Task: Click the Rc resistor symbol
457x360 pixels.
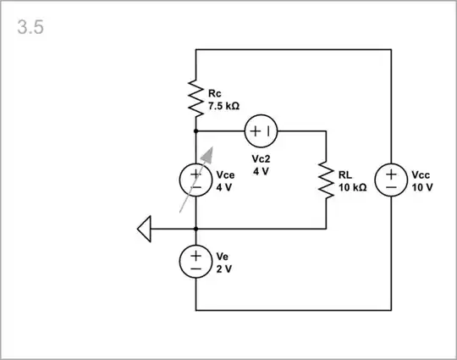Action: pos(195,99)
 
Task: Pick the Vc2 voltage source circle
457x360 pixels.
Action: pos(261,131)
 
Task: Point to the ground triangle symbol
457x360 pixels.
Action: pos(144,229)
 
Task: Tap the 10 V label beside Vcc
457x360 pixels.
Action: pos(422,187)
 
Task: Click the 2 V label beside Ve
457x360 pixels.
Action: pos(223,268)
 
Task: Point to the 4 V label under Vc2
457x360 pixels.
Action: pos(260,170)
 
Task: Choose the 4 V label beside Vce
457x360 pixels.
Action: pos(223,187)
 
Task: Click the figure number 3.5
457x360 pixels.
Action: pos(30,27)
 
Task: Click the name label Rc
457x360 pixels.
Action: pos(214,94)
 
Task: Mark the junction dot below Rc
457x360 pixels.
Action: pos(195,131)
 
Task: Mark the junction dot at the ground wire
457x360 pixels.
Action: pos(195,229)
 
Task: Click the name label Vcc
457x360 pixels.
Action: pos(421,175)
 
